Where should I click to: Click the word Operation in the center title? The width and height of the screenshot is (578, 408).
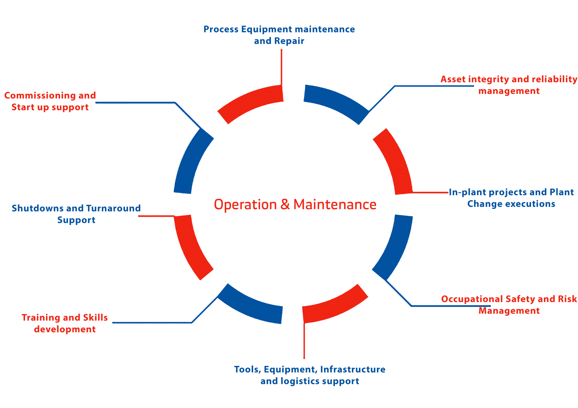(245, 205)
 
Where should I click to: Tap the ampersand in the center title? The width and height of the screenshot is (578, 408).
(285, 205)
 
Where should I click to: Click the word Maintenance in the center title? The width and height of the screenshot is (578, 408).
(335, 205)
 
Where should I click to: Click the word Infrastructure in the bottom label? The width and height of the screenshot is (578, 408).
(353, 369)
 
